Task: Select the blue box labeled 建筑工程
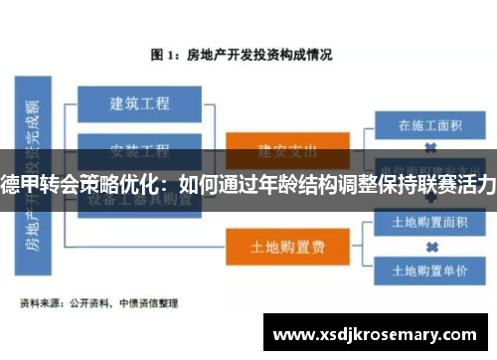click(x=139, y=103)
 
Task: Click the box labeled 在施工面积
click(x=430, y=125)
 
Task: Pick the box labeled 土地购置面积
click(x=430, y=221)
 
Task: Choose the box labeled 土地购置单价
click(x=430, y=270)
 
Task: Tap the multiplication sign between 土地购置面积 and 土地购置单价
click(x=431, y=245)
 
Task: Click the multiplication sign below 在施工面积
click(x=431, y=147)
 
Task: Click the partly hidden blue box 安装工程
click(x=139, y=151)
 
